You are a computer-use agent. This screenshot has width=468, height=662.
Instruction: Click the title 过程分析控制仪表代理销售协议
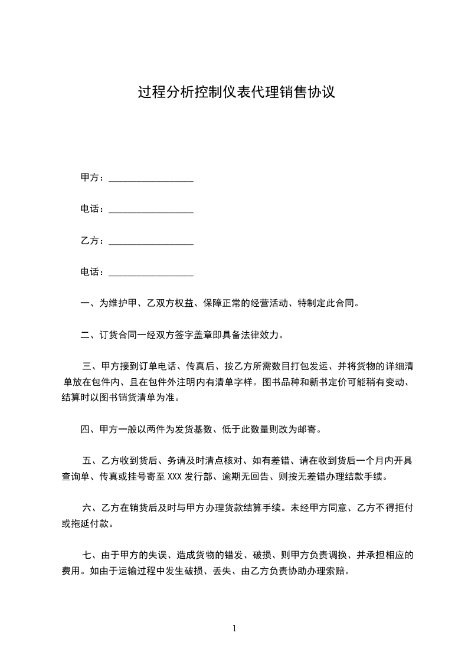pos(236,93)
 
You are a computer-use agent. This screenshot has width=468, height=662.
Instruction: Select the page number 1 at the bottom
pos(234,628)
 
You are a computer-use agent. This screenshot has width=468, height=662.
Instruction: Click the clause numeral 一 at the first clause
pos(84,304)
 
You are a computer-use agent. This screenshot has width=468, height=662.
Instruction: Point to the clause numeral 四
pos(84,429)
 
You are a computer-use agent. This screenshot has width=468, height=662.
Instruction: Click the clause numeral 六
pos(87,507)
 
